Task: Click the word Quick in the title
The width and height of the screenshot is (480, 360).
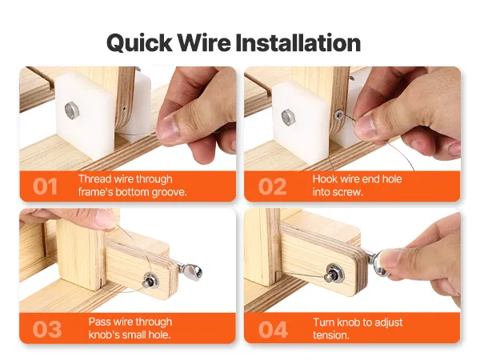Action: [139, 43]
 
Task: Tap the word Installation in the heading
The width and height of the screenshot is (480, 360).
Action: [298, 42]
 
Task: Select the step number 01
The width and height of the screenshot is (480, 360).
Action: [45, 186]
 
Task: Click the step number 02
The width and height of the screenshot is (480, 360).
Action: [272, 186]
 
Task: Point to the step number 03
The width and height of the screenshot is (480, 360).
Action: [47, 329]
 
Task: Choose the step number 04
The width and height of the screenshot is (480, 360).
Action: [273, 329]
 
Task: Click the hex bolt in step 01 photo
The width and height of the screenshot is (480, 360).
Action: [72, 110]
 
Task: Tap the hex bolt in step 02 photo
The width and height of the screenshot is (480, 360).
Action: [288, 118]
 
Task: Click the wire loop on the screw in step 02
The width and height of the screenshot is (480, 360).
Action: [338, 115]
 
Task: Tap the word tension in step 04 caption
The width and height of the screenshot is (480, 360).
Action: [331, 335]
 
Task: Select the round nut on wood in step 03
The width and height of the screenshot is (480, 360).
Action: [150, 280]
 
